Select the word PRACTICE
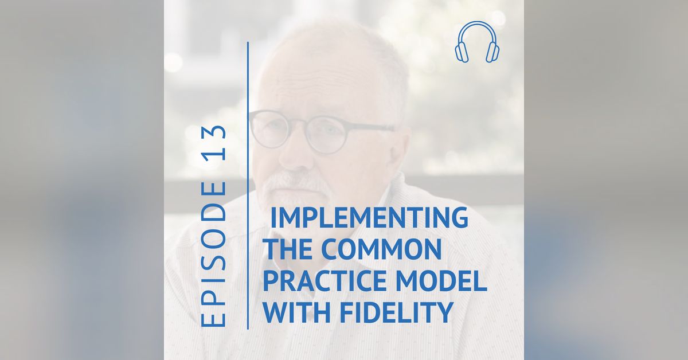tap(322, 281)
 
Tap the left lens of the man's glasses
tap(269, 129)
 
